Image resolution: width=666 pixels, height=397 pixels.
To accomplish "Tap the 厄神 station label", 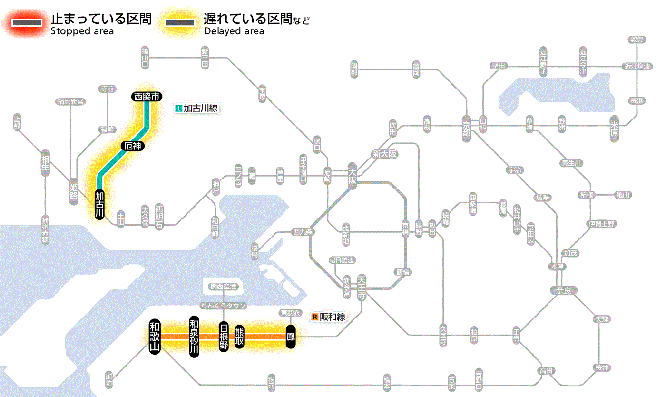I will coord(133,146).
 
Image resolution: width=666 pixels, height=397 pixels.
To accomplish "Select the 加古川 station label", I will coord(99,205).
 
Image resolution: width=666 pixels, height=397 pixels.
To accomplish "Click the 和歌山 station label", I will coord(155,336).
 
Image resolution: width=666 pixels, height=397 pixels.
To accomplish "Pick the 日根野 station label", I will coord(224,337).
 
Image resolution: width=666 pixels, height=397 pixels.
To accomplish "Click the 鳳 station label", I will coord(291,337).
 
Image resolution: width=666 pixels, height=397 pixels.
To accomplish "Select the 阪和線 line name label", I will coord(329,317).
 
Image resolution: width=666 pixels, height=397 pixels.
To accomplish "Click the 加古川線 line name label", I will coord(196,108).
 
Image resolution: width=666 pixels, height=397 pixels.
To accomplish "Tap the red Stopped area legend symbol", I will coord(27,22).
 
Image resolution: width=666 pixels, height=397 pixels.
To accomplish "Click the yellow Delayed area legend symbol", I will coord(179,22).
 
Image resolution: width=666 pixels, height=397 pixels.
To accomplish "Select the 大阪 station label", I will coord(352,177).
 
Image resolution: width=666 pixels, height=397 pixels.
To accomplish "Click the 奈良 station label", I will coord(563,289).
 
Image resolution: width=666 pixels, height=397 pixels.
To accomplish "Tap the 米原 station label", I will coord(615,129).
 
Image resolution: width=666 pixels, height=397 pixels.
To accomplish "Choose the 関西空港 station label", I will coord(223,287).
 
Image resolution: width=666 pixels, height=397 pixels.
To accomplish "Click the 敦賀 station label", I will coord(637,40).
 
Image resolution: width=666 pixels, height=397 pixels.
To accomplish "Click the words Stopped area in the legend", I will coord(82,31).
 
